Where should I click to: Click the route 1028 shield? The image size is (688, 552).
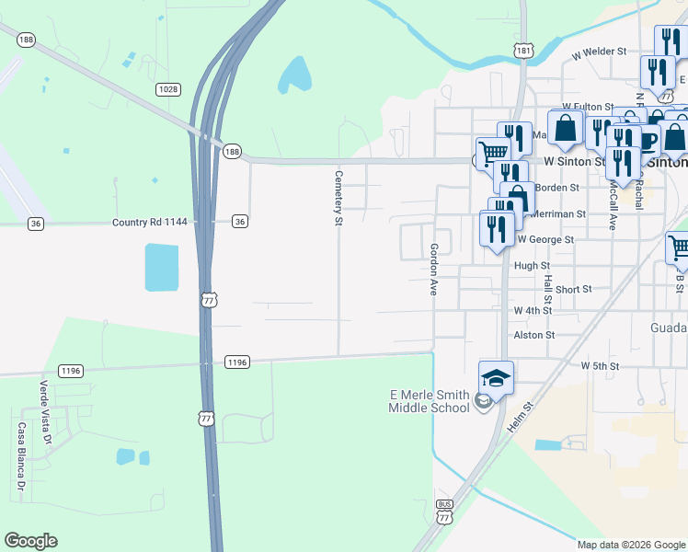[x=167, y=88]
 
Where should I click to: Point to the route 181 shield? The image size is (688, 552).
[x=522, y=52]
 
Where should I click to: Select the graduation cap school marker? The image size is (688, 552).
[x=496, y=378]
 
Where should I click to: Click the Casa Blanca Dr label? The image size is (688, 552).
[x=21, y=456]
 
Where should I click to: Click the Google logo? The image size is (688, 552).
[x=30, y=541]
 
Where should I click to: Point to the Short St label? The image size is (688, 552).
[x=573, y=289]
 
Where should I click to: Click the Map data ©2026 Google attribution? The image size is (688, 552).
[x=630, y=545]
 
